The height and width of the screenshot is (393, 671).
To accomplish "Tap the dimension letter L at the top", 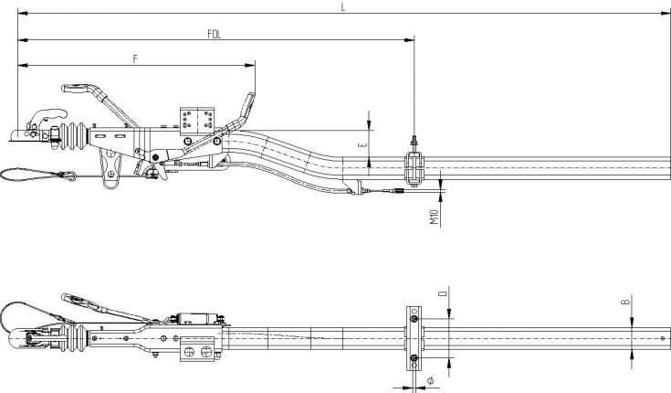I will pyautogui.click(x=341, y=6).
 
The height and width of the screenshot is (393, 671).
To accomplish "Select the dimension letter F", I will pyautogui.click(x=135, y=58).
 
